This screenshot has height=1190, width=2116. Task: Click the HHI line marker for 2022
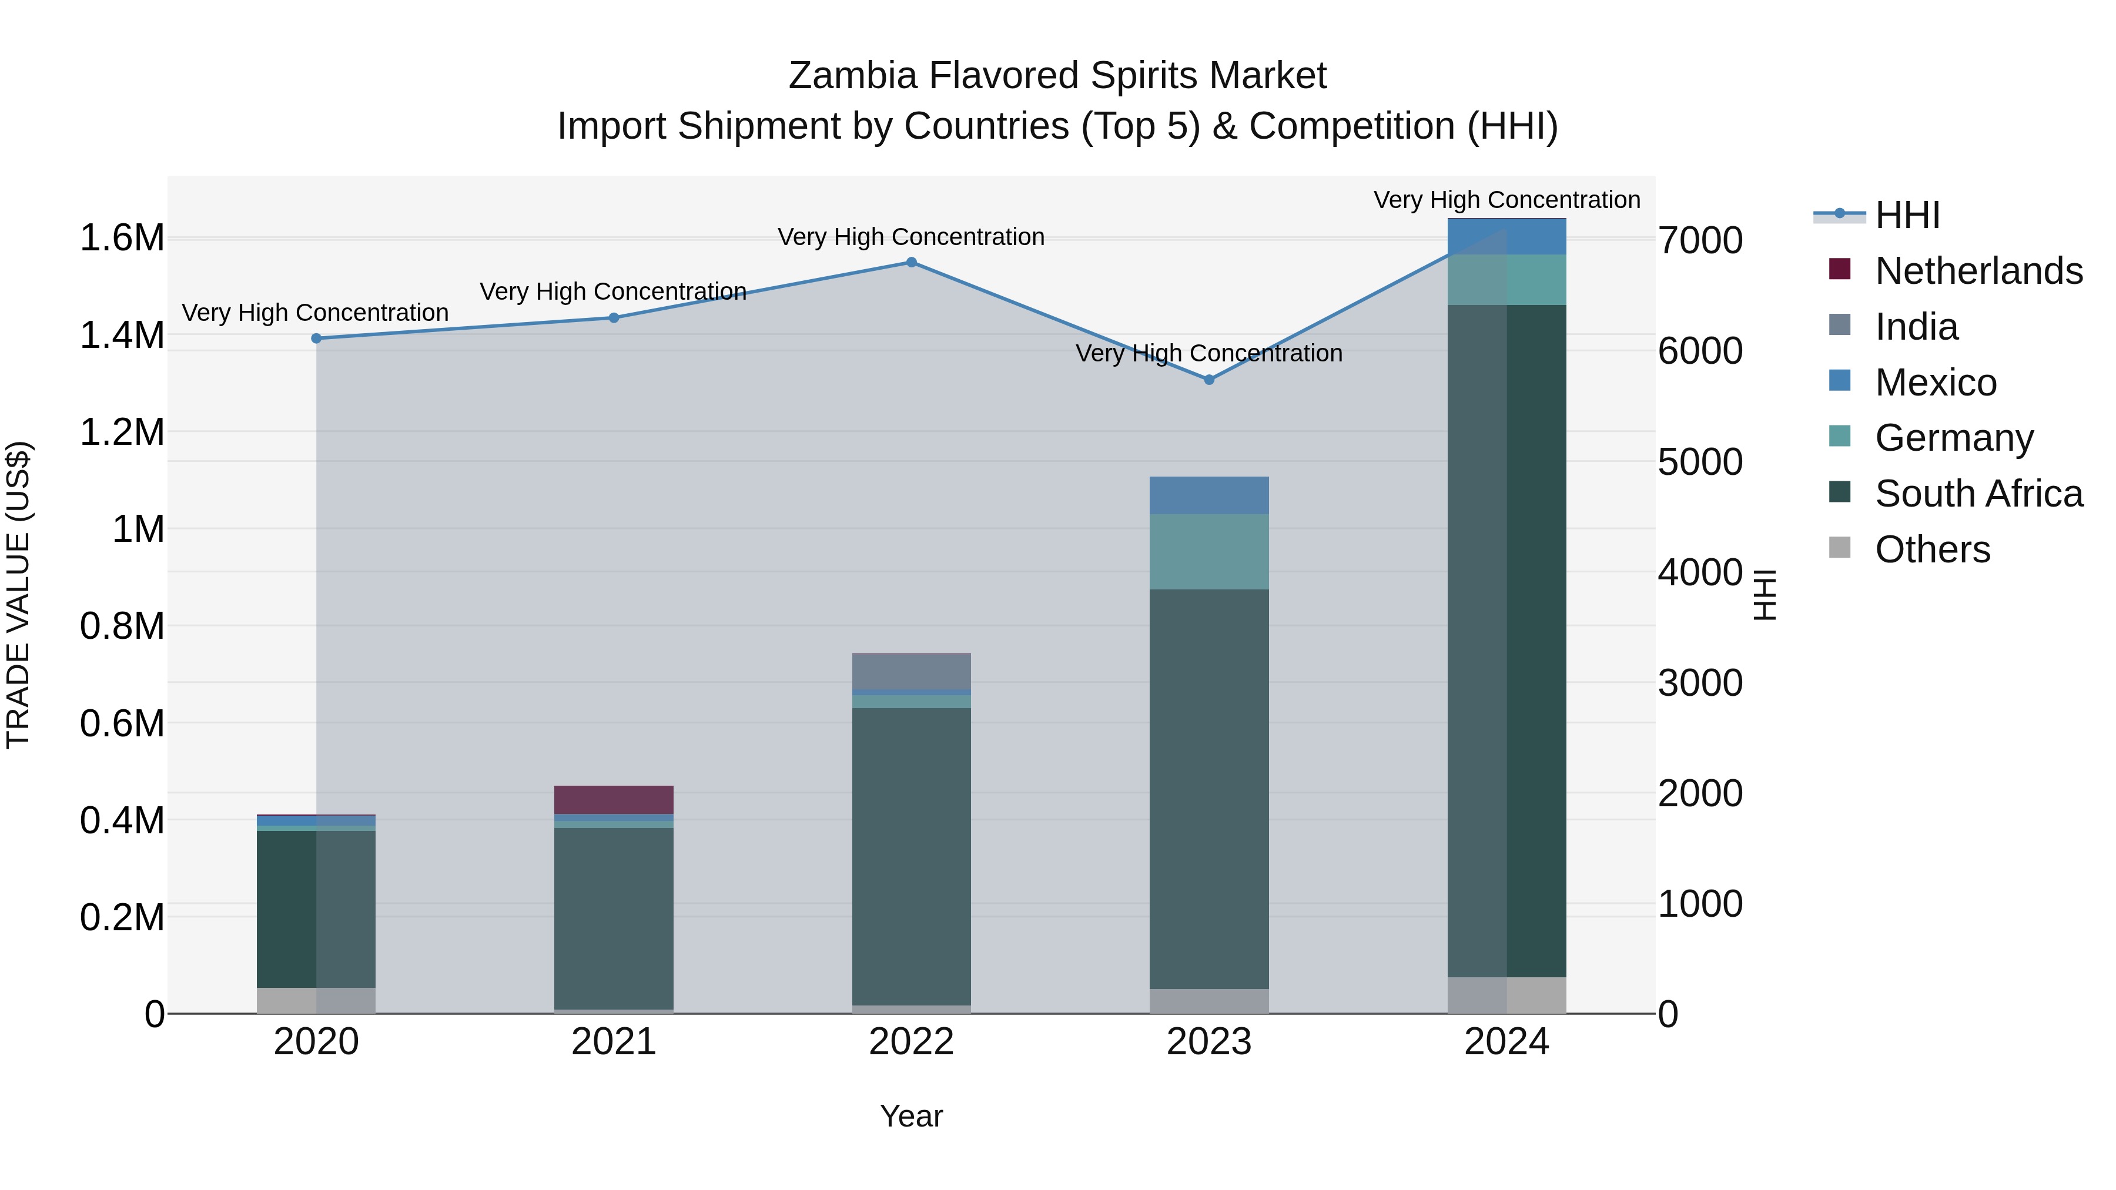pos(911,263)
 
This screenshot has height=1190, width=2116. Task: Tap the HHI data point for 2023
pos(1208,380)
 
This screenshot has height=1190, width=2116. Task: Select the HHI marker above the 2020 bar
pos(316,338)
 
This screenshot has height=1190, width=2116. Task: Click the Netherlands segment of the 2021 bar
pos(614,799)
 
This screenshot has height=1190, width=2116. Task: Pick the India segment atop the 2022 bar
pos(911,672)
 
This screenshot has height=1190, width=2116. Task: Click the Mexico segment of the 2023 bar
pos(1208,495)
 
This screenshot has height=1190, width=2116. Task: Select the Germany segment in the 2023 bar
pos(1208,552)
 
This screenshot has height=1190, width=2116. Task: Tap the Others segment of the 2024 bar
pos(1506,995)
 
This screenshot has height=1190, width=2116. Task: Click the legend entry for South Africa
pos(1978,494)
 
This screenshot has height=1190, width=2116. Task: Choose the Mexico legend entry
pos(1936,383)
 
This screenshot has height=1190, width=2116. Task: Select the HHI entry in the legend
pos(1907,215)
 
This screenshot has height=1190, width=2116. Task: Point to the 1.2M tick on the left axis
pos(122,433)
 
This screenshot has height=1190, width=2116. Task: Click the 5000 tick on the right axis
pos(1699,462)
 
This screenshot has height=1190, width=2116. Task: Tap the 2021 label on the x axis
pos(614,1042)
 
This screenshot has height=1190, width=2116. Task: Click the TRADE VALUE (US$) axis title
pos(19,595)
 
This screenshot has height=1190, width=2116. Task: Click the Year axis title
pos(911,1116)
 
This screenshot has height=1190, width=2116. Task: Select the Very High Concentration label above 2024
pos(1506,200)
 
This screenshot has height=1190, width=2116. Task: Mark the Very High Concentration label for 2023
pos(1208,354)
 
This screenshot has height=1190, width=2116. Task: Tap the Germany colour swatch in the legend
pos(1840,437)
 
